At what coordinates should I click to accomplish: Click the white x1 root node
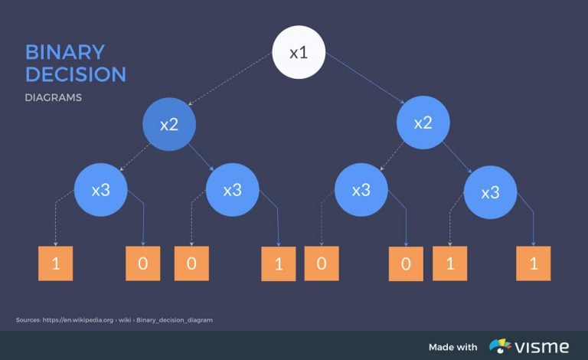click(299, 53)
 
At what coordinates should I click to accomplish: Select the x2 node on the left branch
click(169, 124)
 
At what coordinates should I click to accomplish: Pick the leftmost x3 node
click(101, 189)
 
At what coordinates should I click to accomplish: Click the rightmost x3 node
click(491, 192)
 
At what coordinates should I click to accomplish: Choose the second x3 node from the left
click(233, 190)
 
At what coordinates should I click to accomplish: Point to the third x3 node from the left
click(361, 189)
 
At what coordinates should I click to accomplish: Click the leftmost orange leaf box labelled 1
click(55, 263)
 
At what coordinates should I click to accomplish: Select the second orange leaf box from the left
click(143, 263)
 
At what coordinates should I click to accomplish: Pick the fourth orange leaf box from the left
click(278, 264)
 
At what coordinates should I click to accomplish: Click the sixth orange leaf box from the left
click(406, 264)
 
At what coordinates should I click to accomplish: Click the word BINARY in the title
click(64, 52)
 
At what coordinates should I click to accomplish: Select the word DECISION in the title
click(75, 74)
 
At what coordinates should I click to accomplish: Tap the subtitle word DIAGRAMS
click(53, 98)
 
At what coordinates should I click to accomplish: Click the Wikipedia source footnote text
click(114, 319)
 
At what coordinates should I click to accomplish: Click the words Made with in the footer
click(452, 347)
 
